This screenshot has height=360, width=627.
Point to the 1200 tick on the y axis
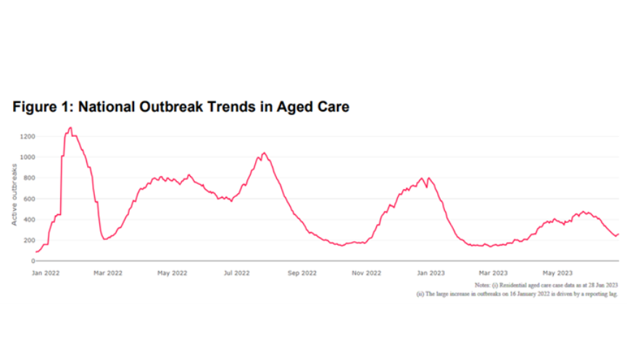[x=27, y=136]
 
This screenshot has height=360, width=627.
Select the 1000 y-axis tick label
[x=27, y=157]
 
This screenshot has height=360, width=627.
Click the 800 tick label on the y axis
[x=29, y=177]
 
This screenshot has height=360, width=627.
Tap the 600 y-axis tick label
[x=29, y=198]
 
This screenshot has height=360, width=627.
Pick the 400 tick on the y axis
[x=29, y=219]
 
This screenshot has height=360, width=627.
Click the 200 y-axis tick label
[x=29, y=240]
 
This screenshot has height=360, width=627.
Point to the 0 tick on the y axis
[x=32, y=261]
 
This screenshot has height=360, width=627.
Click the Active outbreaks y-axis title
[x=14, y=194]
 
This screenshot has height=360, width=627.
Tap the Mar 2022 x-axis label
[x=107, y=273]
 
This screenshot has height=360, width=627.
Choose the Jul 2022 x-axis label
[x=237, y=273]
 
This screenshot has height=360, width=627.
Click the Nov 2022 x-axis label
[x=366, y=273]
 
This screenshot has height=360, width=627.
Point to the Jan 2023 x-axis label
[x=431, y=273]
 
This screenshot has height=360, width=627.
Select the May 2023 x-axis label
[x=558, y=273]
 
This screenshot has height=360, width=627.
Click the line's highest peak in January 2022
[x=70, y=128]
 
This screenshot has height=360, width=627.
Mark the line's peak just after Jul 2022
[x=264, y=153]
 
